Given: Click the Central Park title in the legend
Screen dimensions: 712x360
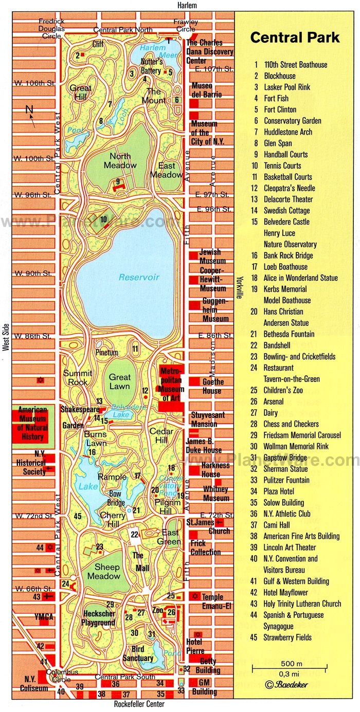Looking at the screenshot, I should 295,38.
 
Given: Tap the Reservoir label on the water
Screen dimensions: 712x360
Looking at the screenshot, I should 139,277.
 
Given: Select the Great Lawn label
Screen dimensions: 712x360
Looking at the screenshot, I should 120,381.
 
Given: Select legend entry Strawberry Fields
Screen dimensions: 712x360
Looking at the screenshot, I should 287,637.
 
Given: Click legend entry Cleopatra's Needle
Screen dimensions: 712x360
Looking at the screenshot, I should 289,188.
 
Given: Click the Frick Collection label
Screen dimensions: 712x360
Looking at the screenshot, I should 205,547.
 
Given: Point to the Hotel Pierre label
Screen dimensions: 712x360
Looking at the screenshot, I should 195,646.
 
